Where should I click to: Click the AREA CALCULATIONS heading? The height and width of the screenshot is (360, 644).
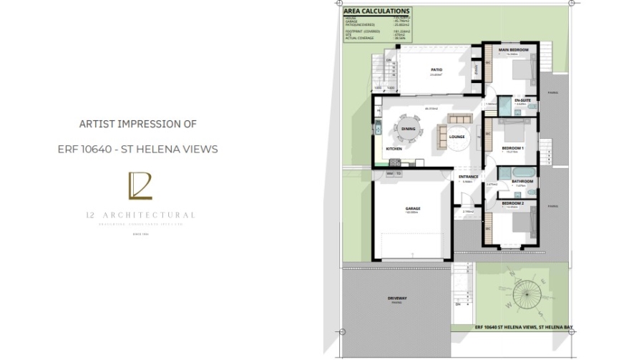(x=376, y=11)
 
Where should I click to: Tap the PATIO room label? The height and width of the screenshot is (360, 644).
(x=436, y=69)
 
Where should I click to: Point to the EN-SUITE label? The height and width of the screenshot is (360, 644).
(x=522, y=99)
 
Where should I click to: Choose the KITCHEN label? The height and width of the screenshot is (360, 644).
(x=394, y=149)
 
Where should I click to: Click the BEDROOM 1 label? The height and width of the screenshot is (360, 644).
(x=513, y=148)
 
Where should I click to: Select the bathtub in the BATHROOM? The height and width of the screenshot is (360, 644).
(x=518, y=172)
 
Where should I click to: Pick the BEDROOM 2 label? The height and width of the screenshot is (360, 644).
(x=513, y=203)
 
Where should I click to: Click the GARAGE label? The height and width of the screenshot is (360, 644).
(x=413, y=209)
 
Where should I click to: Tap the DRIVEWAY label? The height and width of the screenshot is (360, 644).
(x=396, y=298)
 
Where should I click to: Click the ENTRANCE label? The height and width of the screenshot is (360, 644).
(x=468, y=176)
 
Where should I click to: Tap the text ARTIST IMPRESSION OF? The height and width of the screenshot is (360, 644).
(x=137, y=124)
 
